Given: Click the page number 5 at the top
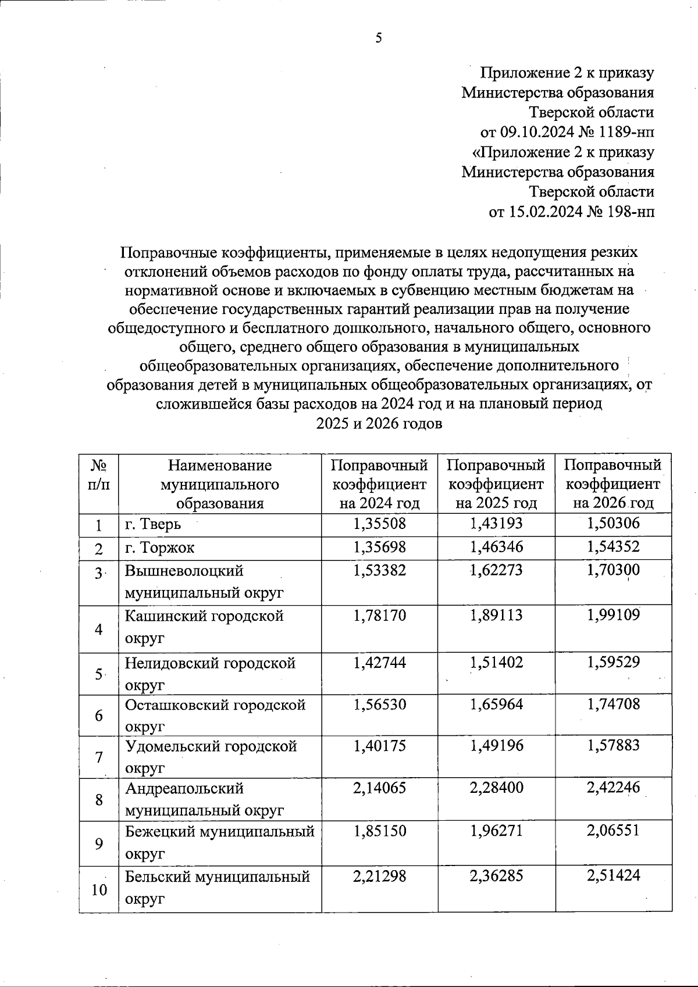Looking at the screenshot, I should tap(379, 38).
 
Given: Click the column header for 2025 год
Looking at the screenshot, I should tap(496, 484).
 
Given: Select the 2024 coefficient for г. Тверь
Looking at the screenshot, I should tap(379, 524).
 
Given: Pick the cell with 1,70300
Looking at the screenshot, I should tap(613, 570).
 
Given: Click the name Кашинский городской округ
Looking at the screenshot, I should tap(204, 627).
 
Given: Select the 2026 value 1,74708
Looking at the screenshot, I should tap(613, 704).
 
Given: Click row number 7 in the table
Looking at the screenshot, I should tap(99, 757).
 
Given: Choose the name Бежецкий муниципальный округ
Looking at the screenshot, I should tap(219, 842).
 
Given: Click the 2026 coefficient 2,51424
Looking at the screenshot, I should tap(613, 875).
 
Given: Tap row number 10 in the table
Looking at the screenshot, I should tap(99, 889).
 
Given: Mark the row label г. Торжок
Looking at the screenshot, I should tap(160, 548).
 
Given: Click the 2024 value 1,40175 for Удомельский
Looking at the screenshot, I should tap(379, 745).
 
